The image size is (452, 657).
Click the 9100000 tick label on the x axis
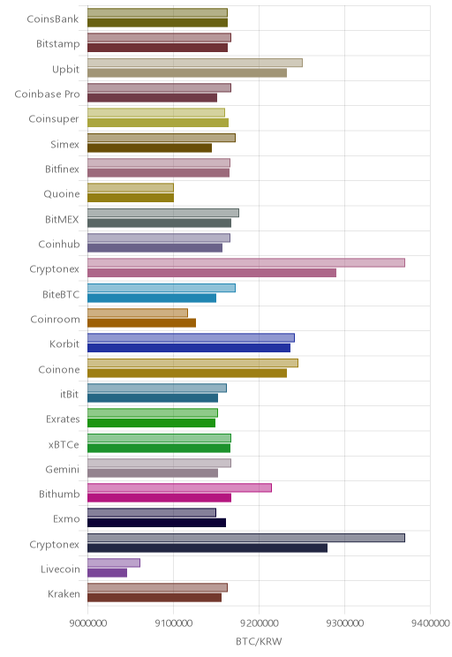(x=173, y=623)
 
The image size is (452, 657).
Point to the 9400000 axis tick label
(x=431, y=623)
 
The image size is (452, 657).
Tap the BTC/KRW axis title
(x=259, y=641)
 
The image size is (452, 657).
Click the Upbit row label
(x=65, y=69)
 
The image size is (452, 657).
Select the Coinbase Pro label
(x=47, y=94)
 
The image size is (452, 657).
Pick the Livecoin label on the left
(x=60, y=569)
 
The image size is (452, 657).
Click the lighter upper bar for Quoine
(x=131, y=188)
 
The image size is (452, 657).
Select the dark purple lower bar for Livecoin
(x=107, y=573)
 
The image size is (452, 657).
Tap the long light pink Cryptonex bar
(x=246, y=263)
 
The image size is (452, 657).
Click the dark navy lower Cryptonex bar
(x=207, y=547)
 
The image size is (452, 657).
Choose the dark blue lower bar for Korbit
(x=189, y=348)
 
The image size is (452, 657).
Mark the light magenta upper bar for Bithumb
(x=180, y=487)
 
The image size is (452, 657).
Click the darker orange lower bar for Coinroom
(x=141, y=322)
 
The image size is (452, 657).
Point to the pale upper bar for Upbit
(x=195, y=63)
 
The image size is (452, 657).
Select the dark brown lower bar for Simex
(x=149, y=147)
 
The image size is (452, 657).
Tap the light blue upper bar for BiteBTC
(x=162, y=288)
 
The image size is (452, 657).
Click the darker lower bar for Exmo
(x=156, y=523)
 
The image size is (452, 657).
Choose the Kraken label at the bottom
(x=64, y=593)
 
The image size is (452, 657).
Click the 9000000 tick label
(x=88, y=623)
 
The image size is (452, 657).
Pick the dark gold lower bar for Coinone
(x=187, y=373)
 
